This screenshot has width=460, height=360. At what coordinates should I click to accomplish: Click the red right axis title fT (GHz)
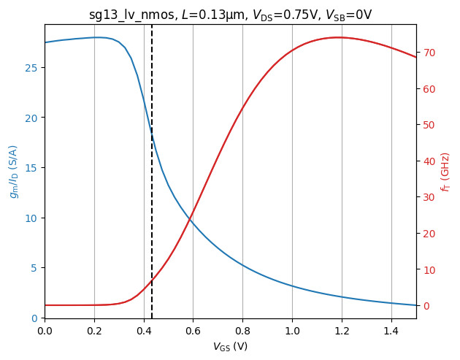pos(445,172)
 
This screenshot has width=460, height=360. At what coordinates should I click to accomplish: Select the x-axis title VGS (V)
pos(230,346)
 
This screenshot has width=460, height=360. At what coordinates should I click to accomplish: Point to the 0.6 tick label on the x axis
pos(193,330)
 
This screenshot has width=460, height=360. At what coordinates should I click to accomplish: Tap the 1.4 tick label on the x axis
pos(391,330)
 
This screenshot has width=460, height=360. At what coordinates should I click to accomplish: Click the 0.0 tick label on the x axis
pos(45,330)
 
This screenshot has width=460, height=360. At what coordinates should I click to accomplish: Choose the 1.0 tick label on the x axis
pos(292,330)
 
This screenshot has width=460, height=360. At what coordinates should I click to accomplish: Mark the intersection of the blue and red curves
pos(191,217)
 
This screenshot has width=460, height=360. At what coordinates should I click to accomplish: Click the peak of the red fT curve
pos(338,37)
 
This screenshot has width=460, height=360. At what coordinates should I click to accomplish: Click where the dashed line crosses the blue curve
pos(152,134)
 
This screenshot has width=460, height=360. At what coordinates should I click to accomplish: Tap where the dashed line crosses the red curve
pos(152,281)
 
